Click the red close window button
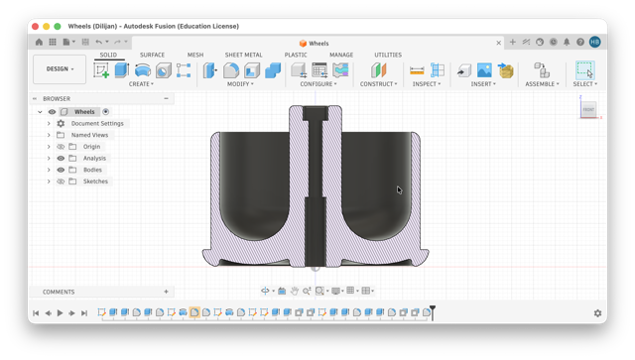36,27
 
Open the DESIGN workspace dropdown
60,69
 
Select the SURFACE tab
152,55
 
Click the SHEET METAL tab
243,55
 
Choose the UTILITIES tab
388,55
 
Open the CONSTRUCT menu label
379,84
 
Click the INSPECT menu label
426,84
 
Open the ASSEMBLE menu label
542,84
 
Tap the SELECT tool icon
584,69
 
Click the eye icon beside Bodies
61,170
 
